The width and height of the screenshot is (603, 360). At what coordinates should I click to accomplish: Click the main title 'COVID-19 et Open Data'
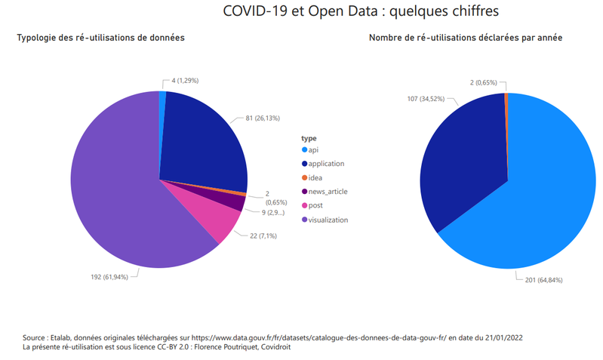pos(361,12)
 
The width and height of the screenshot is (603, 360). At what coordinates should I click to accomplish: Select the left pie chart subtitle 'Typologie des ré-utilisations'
pos(100,37)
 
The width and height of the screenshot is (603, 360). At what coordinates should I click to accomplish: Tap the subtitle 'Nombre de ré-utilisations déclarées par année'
pos(465,37)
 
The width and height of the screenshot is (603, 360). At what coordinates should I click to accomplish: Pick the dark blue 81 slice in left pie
pos(204,143)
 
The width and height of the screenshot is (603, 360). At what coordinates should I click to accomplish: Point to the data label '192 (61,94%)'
pos(112,277)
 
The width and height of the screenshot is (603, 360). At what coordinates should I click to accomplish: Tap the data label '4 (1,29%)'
pos(186,80)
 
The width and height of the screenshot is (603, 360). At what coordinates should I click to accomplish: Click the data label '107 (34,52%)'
pos(426,99)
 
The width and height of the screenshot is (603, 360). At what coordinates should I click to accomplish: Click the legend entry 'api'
pos(313,149)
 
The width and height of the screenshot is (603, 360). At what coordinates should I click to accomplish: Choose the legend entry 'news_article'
pos(328,192)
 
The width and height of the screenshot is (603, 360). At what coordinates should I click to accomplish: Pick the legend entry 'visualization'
pos(328,220)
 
